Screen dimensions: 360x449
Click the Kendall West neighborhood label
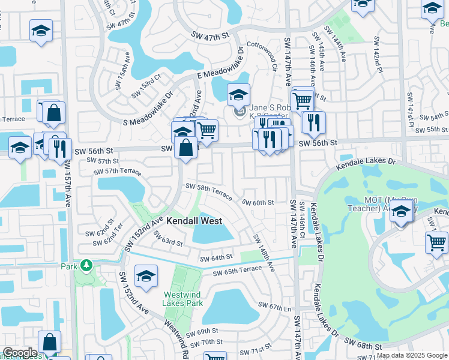tap(194, 221)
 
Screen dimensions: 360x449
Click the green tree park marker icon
tap(86, 265)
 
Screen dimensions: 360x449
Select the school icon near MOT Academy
tap(402, 212)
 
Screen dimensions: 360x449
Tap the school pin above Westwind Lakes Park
tap(146, 276)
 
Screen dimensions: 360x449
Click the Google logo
tap(20, 353)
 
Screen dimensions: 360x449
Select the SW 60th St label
tap(258, 203)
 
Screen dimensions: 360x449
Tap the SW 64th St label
tap(215, 257)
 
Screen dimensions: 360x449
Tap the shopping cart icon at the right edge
tap(436, 242)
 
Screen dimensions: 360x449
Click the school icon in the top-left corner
tap(41, 31)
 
